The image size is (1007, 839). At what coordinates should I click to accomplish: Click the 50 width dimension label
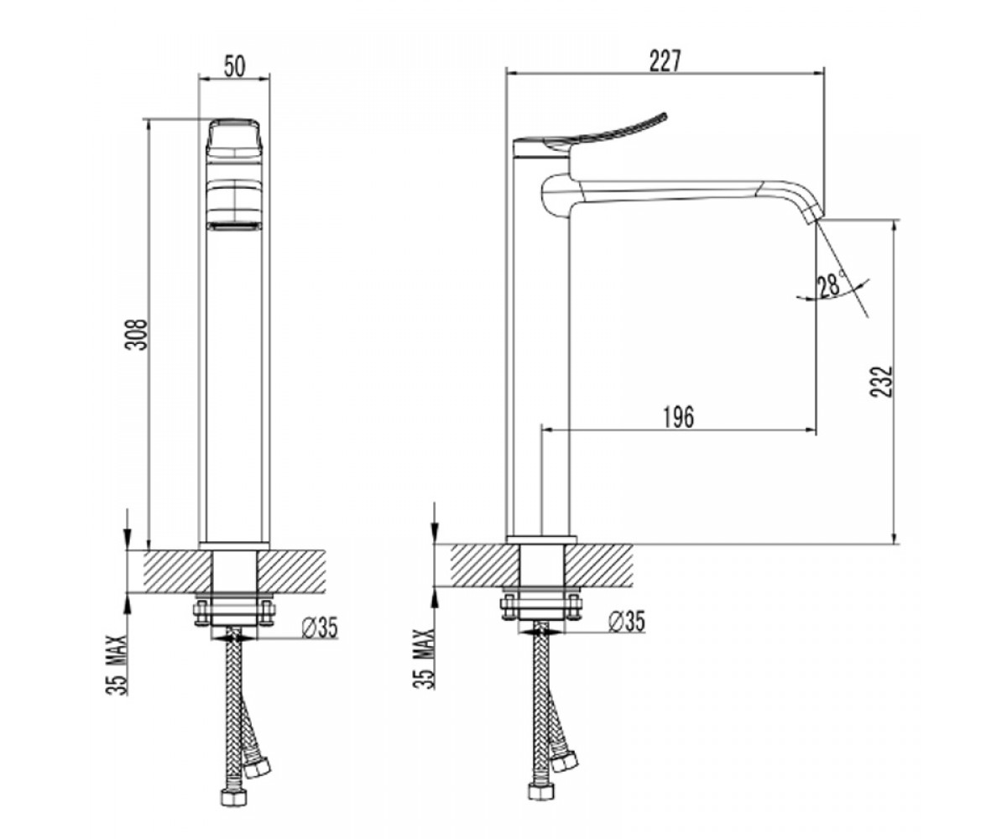coord(234,66)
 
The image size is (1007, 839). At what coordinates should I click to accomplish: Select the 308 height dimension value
coord(136,334)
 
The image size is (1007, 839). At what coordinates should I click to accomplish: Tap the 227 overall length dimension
coord(665,60)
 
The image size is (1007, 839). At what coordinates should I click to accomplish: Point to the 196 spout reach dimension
coord(679,417)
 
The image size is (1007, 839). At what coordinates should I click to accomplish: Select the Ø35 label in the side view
coord(627,623)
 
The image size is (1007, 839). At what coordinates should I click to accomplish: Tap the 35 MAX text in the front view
coord(117,665)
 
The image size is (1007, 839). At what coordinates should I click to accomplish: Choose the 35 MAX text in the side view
coord(424,659)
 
